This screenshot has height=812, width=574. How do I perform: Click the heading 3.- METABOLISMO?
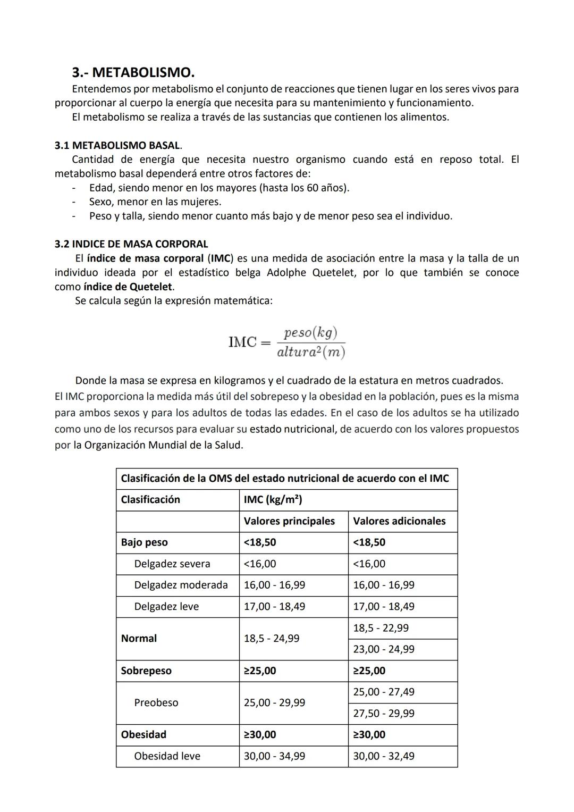[133, 72]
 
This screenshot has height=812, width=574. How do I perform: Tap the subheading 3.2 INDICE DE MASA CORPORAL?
[131, 244]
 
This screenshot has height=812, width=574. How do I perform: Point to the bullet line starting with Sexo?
[155, 202]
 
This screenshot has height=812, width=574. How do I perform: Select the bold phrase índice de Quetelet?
[128, 287]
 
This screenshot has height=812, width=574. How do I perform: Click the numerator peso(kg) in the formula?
[310, 333]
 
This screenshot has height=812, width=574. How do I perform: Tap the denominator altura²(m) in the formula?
[311, 352]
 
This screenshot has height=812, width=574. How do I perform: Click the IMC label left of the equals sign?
[242, 342]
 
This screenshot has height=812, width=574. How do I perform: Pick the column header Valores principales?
[289, 521]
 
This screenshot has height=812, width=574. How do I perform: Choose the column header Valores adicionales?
[399, 521]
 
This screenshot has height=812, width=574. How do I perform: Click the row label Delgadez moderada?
[181, 585]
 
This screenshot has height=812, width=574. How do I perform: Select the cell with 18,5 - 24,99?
[271, 639]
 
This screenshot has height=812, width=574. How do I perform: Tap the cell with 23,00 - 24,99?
[384, 649]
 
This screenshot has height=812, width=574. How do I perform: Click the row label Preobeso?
[156, 702]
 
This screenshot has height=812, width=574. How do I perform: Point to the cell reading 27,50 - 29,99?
[384, 714]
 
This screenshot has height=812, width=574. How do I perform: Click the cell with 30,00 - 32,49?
[384, 756]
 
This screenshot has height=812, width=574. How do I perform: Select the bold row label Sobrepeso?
[146, 671]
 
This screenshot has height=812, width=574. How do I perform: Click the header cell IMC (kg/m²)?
[273, 500]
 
